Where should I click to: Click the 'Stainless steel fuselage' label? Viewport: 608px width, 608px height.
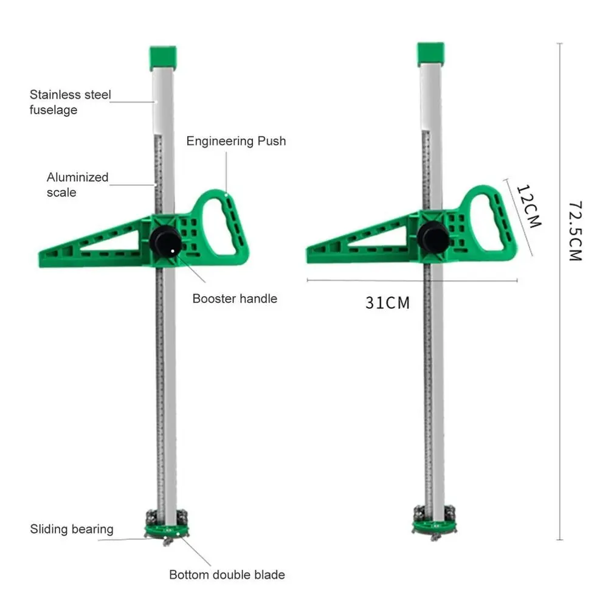(71, 102)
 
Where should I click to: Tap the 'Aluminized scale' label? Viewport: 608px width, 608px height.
(77, 185)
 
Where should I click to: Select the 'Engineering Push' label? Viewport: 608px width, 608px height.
(236, 141)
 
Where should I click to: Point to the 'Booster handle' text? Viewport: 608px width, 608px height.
(235, 299)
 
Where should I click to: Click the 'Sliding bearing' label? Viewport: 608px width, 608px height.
(72, 529)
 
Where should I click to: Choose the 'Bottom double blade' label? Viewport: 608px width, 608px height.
(227, 575)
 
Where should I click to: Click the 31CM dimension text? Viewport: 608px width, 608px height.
(387, 302)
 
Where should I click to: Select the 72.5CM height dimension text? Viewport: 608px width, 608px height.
(575, 231)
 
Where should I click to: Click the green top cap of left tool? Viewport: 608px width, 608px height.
(163, 57)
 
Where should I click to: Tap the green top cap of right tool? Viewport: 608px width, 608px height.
(430, 54)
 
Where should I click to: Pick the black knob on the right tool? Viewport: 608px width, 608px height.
(433, 237)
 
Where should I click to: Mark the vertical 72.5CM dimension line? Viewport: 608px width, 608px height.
(559, 292)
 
